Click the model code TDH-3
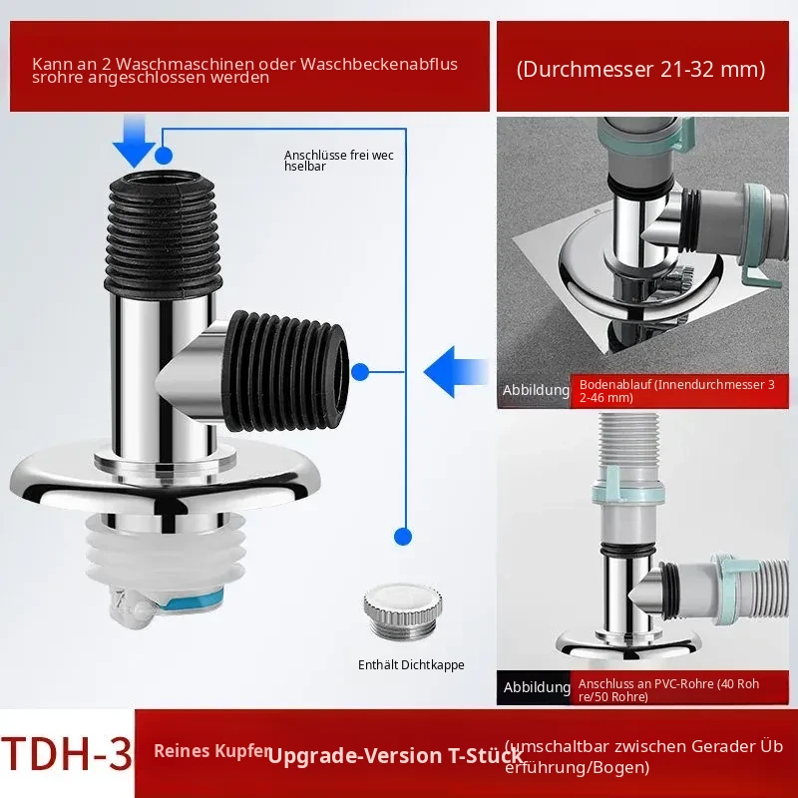click(x=67, y=752)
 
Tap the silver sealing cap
click(x=403, y=611)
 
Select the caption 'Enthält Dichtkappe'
click(x=411, y=664)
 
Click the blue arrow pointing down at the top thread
click(x=134, y=141)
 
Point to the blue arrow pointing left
click(x=456, y=371)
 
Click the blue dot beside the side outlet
click(x=360, y=372)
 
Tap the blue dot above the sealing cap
click(x=403, y=537)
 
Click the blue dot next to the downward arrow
click(x=164, y=156)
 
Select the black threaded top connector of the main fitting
click(x=164, y=234)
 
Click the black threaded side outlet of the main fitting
click(x=286, y=371)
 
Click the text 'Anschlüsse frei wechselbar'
click(x=339, y=161)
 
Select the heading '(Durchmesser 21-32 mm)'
click(x=640, y=69)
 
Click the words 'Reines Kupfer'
click(x=212, y=751)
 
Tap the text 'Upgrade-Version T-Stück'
click(x=395, y=756)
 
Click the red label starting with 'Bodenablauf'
click(x=679, y=391)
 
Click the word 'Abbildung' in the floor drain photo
click(x=536, y=390)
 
